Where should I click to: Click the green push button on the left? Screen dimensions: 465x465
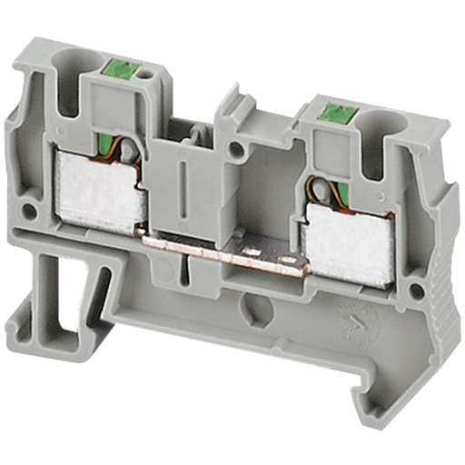click(122, 67)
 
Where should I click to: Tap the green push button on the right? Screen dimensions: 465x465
click(337, 113)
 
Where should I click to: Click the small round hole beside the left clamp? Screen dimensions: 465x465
click(28, 212)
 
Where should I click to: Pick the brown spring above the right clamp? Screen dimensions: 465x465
click(321, 193)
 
